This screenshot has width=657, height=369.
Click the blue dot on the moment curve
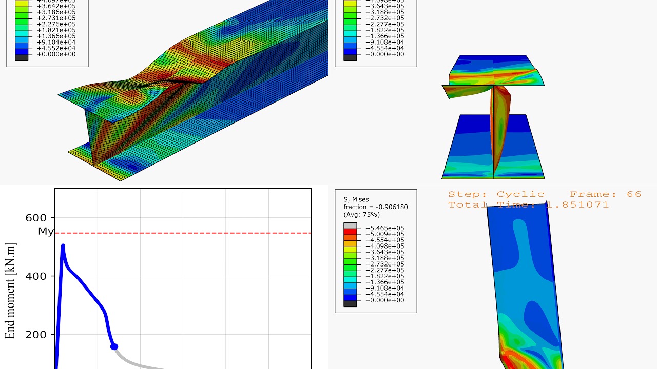point(114,347)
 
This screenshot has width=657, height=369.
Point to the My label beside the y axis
point(46,232)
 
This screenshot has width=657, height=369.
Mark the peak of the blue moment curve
point(63,246)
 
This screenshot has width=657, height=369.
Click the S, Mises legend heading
point(356,199)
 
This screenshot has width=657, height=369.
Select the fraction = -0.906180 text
point(376,207)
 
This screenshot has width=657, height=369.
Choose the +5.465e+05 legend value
point(384,228)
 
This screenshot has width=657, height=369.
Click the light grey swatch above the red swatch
point(350,225)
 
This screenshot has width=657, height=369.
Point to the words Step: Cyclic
point(496,194)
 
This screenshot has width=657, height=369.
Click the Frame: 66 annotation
point(606,194)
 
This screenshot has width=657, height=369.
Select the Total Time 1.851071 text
point(528,205)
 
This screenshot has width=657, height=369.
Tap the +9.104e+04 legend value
point(56,43)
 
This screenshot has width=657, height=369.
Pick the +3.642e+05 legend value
point(56,6)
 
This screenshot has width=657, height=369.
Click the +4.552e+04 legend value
point(56,48)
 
